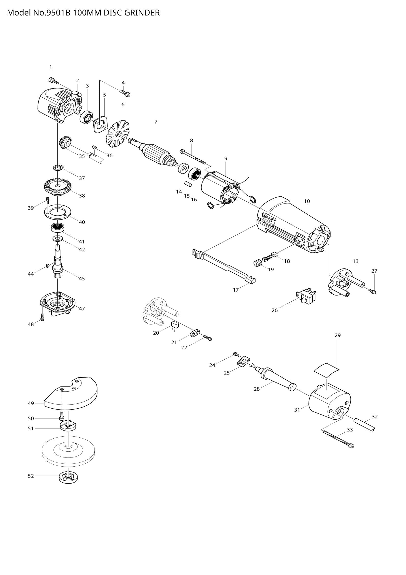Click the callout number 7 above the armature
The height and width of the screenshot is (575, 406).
pyautogui.click(x=156, y=122)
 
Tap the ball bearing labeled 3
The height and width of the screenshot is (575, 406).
pyautogui.click(x=86, y=117)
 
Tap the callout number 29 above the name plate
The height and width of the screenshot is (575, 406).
pyautogui.click(x=338, y=335)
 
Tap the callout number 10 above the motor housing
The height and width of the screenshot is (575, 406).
pyautogui.click(x=307, y=201)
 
